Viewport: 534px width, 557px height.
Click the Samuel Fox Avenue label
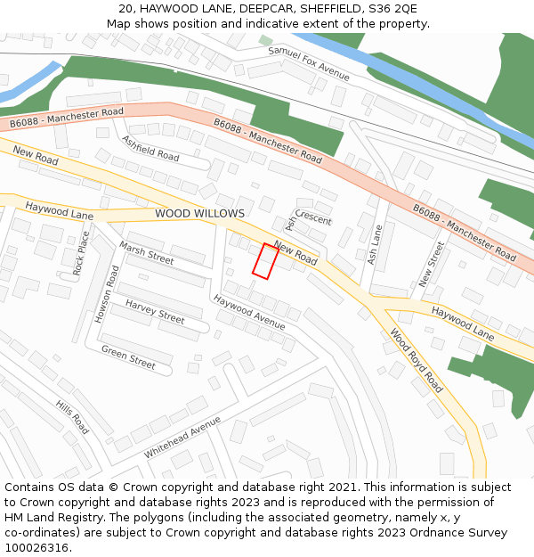[x=309, y=62]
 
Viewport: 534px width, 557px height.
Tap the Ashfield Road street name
[x=150, y=148]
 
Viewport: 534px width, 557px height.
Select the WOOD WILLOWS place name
[x=199, y=214]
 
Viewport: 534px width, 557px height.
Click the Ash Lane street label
[x=375, y=243]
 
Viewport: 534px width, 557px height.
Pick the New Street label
[x=431, y=264]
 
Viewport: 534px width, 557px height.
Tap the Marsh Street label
[x=146, y=254]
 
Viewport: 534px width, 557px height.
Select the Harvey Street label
[x=154, y=311]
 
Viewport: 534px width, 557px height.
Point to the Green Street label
[x=128, y=357]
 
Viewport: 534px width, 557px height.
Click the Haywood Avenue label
[x=249, y=312]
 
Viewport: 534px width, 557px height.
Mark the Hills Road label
[x=72, y=417]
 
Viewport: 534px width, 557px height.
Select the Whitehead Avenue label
[x=182, y=437]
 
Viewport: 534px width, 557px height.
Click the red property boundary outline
[x=265, y=260]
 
